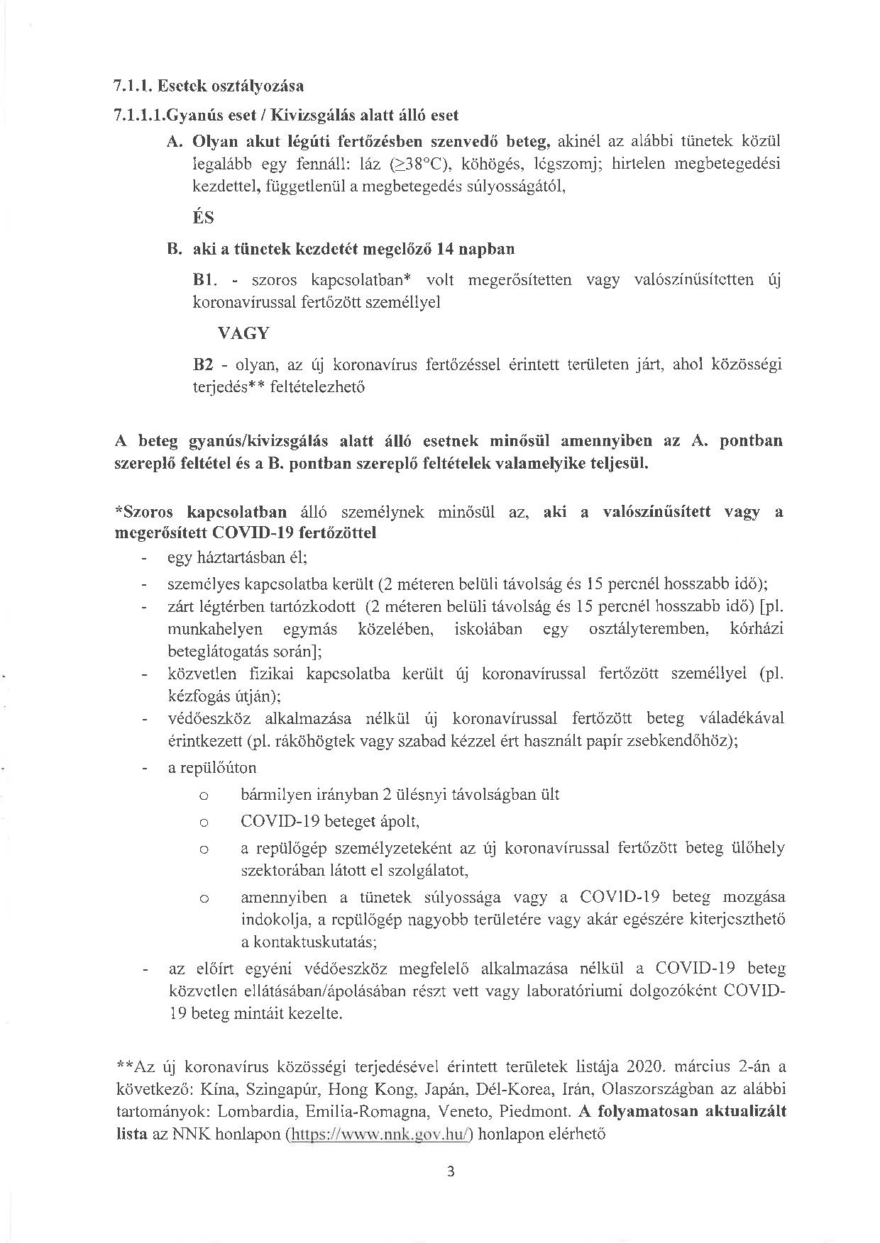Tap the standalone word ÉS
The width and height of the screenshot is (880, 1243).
204,218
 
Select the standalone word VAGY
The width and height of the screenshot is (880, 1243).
243,333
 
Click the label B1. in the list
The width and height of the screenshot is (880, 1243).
204,280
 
